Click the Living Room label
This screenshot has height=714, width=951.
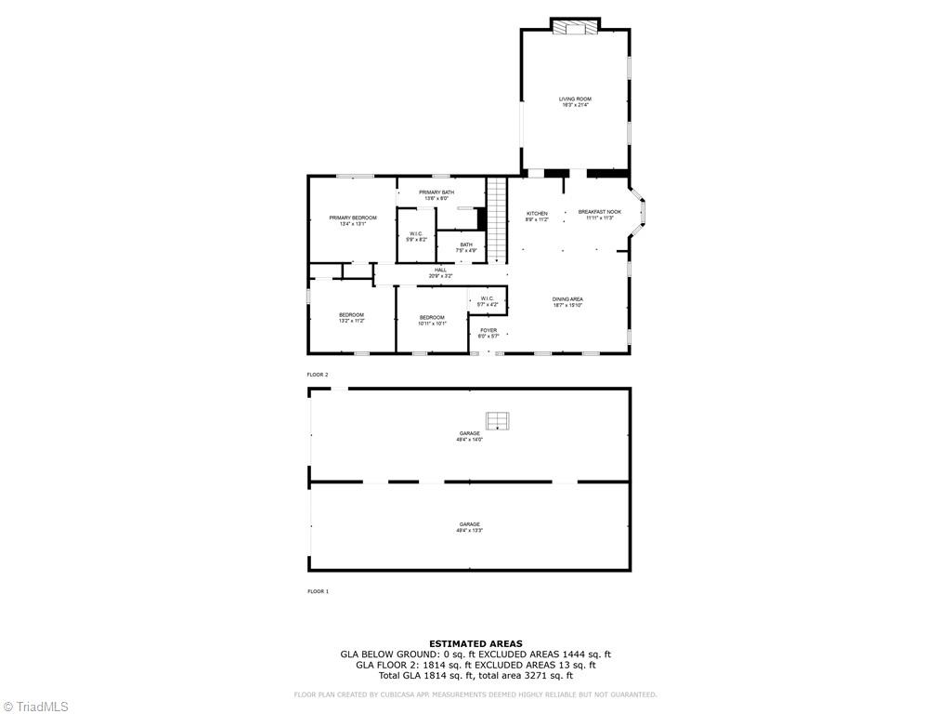coord(575,101)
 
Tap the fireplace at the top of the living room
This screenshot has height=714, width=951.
coord(575,28)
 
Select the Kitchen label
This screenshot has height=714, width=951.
coord(537,216)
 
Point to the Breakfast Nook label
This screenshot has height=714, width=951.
coord(599,214)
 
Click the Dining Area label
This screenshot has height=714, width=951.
coord(567,301)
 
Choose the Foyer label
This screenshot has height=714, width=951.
coord(488,332)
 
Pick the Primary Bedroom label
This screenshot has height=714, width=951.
coord(353,220)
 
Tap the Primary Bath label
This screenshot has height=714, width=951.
coord(436,194)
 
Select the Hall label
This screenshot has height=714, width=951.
coord(440,272)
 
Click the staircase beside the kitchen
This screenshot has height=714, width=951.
coord(498,219)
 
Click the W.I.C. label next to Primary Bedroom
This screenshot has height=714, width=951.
coord(416,236)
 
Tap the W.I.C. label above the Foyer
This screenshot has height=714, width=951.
coord(487,301)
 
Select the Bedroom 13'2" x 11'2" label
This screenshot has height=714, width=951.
coord(351,317)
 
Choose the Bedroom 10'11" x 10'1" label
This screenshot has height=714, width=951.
coord(432,320)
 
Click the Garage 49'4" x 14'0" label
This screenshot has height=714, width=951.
coord(469,436)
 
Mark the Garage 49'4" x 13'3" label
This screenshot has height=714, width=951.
coord(469,527)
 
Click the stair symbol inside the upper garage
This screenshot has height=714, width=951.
coord(499,420)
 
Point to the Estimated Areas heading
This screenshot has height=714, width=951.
coord(475,643)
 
